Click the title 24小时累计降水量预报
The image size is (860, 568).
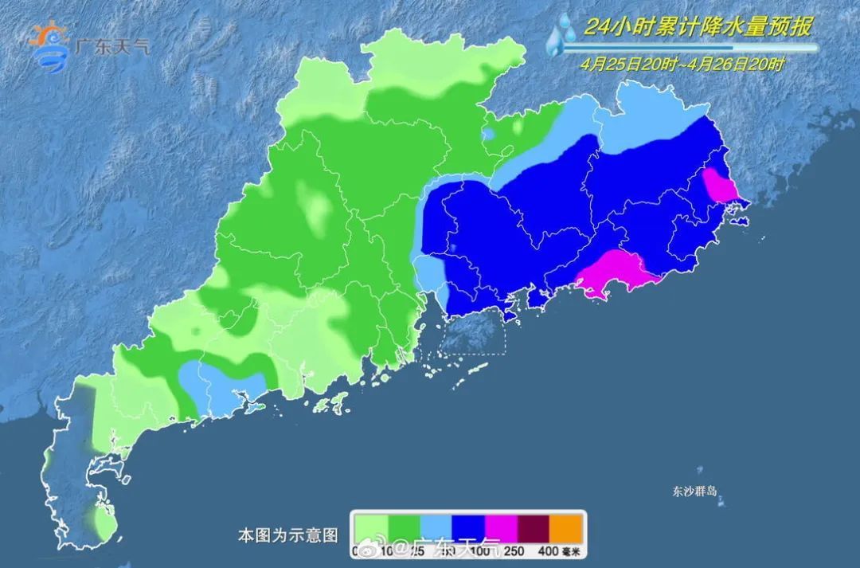click(698, 28)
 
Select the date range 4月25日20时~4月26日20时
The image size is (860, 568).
click(682, 65)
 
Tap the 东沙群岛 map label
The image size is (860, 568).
click(694, 491)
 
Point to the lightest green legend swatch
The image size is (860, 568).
click(372, 527)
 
